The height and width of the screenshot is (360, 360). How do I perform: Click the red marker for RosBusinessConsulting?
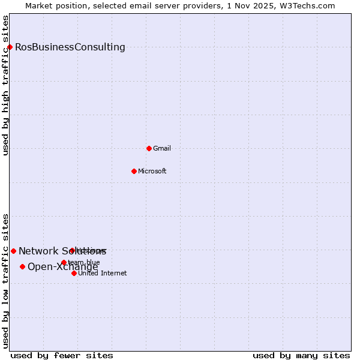(x=10, y=47)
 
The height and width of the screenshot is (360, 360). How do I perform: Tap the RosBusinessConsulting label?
(x=70, y=47)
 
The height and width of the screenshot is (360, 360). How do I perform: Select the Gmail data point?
(x=149, y=148)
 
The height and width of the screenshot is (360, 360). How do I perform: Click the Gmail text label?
(x=162, y=149)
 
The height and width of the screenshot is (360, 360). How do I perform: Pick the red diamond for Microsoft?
(x=134, y=171)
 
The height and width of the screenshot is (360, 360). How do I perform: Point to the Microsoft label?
(x=152, y=172)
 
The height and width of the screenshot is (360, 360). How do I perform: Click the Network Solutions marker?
(x=13, y=251)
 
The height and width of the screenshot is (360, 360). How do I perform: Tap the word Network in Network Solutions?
(x=37, y=251)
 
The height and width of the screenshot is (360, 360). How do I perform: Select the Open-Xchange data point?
(x=22, y=266)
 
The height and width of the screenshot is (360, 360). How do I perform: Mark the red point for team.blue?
(x=64, y=262)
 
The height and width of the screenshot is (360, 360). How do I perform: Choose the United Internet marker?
(x=74, y=273)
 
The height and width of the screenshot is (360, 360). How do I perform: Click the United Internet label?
(x=103, y=274)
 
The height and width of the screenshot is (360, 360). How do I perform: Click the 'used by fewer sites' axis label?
(x=62, y=355)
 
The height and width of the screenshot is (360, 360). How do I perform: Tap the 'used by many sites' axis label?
(x=301, y=355)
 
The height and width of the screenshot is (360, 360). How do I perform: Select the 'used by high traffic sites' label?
(x=5, y=85)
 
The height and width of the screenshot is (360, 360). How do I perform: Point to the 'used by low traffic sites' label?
(x=5, y=280)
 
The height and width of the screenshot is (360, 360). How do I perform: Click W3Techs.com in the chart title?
(x=310, y=5)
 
